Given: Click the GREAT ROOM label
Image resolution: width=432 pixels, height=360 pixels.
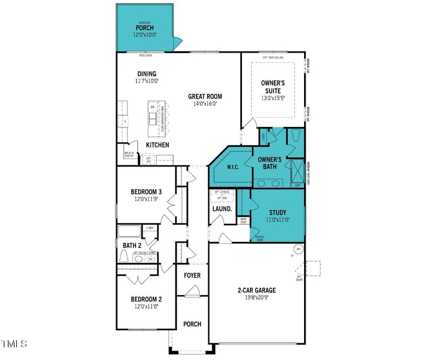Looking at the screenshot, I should (x=205, y=97).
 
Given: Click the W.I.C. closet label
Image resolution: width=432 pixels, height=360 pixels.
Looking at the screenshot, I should (x=233, y=166).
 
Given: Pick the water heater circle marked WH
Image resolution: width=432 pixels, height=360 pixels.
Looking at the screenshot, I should (x=298, y=249).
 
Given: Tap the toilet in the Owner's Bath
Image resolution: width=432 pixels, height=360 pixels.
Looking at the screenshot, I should (x=295, y=136).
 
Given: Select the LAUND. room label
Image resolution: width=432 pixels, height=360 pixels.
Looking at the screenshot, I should (x=222, y=208).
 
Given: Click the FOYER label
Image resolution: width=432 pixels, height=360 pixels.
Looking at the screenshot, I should (x=192, y=276).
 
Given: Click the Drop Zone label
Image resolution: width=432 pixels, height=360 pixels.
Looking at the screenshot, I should (x=244, y=220).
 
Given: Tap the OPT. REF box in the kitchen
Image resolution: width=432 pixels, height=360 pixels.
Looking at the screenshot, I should (x=148, y=159).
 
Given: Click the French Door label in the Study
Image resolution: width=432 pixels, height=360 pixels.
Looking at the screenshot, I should (x=260, y=238).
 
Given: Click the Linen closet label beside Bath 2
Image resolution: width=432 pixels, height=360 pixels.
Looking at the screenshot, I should (x=150, y=228).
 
